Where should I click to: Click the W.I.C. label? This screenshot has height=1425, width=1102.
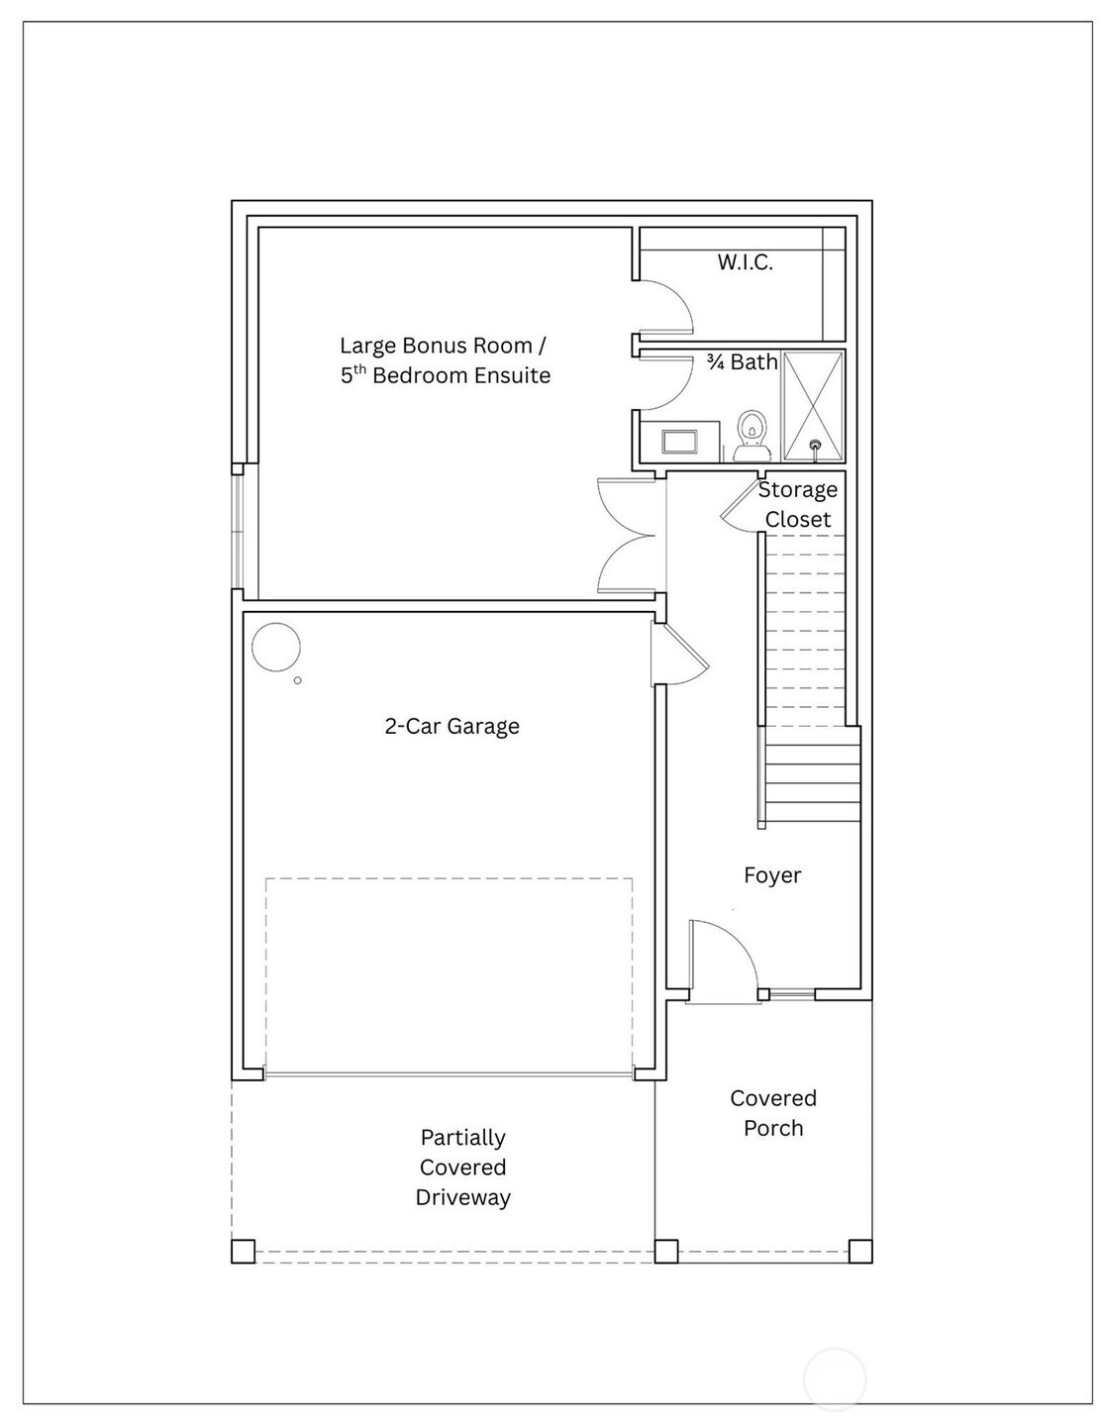click(x=745, y=262)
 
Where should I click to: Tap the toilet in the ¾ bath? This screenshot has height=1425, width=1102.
click(x=751, y=436)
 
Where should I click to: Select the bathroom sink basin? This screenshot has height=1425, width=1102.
click(x=679, y=442)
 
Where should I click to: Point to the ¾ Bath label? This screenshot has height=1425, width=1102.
click(x=743, y=362)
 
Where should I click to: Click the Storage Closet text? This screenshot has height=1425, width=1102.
click(x=797, y=504)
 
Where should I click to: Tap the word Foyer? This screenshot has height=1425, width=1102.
click(x=772, y=874)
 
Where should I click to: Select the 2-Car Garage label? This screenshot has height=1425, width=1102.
click(x=451, y=726)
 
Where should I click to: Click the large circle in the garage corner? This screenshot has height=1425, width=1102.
click(x=276, y=647)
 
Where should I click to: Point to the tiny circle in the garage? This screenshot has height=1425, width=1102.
click(x=297, y=680)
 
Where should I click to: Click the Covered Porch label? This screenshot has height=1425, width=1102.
click(x=773, y=1113)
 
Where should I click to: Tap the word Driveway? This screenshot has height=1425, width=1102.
click(x=462, y=1197)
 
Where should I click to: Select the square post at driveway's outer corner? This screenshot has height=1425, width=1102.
click(x=243, y=1251)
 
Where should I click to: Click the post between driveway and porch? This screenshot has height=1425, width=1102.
click(x=666, y=1251)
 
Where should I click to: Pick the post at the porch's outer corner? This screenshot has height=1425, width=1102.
click(x=860, y=1251)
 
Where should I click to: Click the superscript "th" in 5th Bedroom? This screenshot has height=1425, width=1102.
click(x=359, y=369)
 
